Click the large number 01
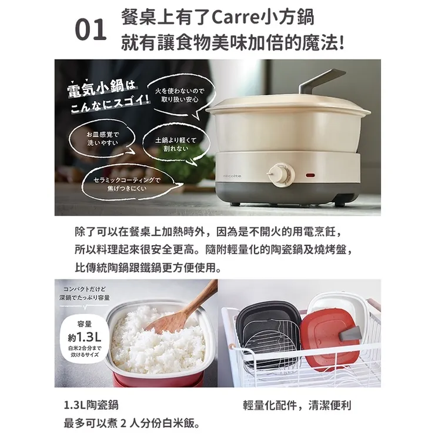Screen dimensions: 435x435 pyautogui.click(x=91, y=31)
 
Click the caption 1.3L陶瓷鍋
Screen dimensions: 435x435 pyautogui.click(x=93, y=406)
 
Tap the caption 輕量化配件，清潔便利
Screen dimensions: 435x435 pyautogui.click(x=297, y=406)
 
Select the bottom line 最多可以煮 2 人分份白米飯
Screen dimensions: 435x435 pyautogui.click(x=130, y=423)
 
